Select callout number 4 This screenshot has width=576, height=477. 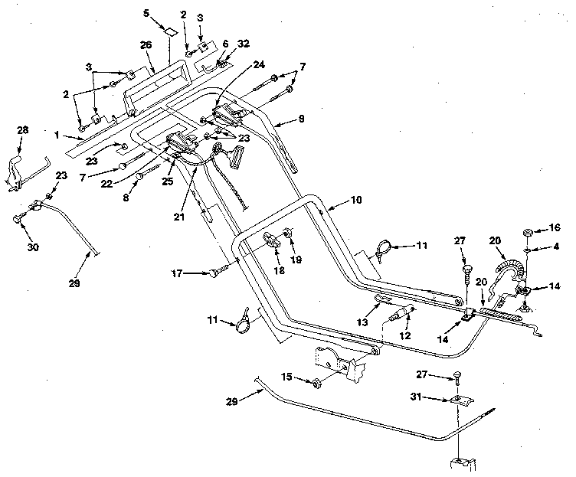tap(556, 247)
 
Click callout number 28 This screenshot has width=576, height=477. tap(21, 132)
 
